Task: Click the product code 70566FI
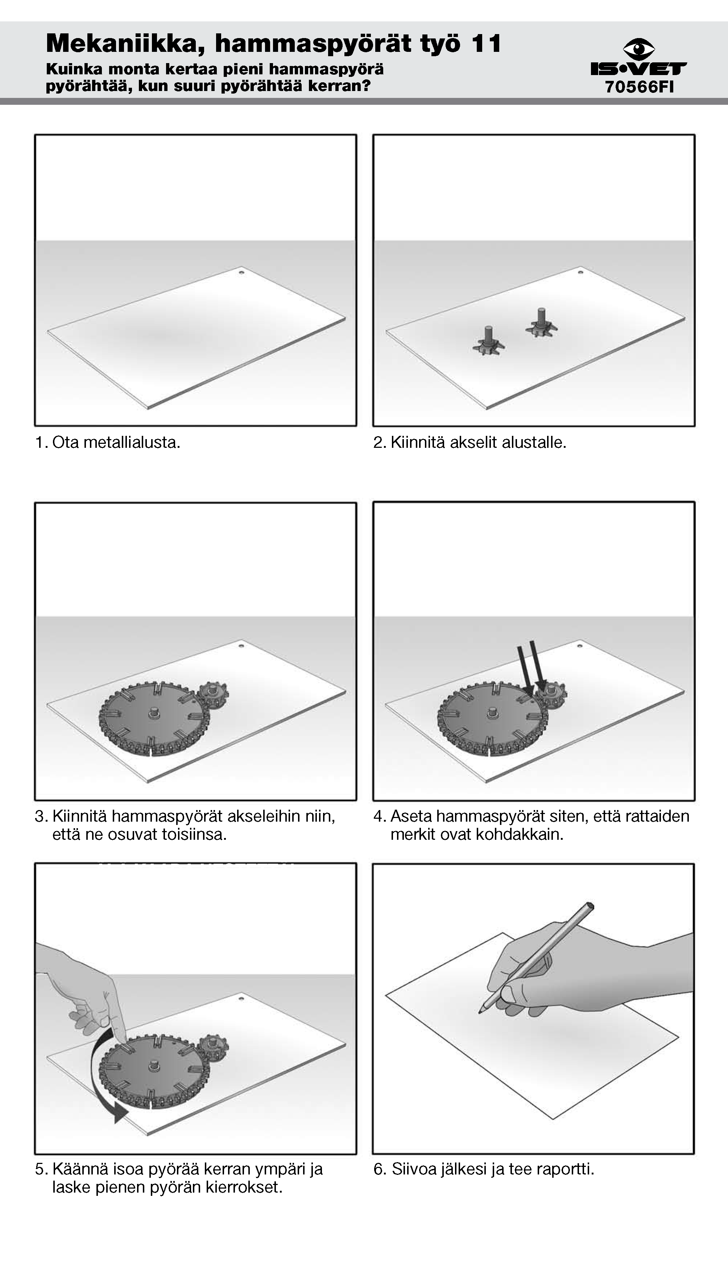coord(640,87)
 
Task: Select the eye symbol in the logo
coord(639,49)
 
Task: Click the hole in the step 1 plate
coord(241,273)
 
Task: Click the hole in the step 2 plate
coord(580,273)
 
